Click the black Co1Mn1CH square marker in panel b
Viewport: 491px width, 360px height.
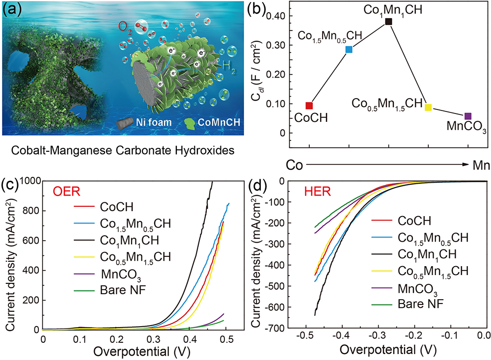pyautogui.click(x=389, y=22)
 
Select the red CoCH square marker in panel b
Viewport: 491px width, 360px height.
pyautogui.click(x=309, y=106)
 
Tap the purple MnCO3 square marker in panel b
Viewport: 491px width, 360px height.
pyautogui.click(x=468, y=116)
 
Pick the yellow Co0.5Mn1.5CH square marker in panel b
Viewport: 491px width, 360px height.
pyautogui.click(x=428, y=108)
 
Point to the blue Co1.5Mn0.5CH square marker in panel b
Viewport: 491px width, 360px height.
pyautogui.click(x=349, y=49)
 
